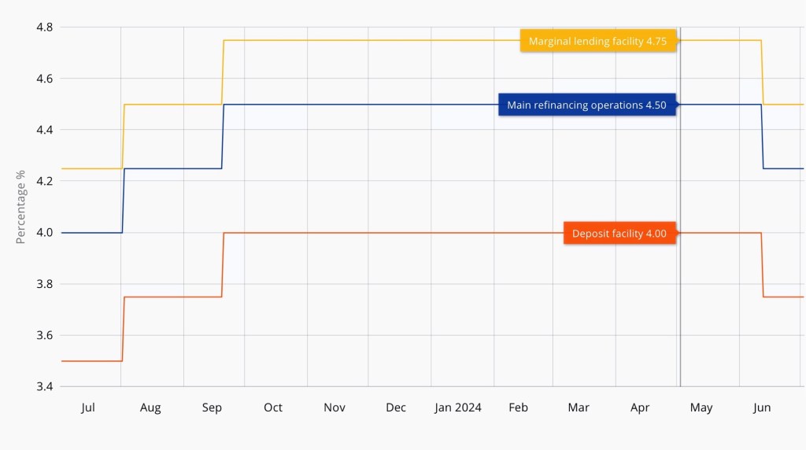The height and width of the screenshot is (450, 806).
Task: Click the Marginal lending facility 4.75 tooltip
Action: pos(598,41)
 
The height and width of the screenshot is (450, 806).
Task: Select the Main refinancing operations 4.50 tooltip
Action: pos(586,105)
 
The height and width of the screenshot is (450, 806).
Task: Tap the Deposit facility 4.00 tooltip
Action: pos(619,234)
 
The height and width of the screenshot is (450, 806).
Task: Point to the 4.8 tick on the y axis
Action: pos(44,28)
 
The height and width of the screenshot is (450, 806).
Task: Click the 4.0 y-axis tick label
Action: pos(44,233)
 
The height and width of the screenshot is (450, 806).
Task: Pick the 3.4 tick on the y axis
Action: pos(44,387)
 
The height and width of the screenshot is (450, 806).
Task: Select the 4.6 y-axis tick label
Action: pos(44,79)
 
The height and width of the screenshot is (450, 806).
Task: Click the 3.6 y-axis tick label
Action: pos(44,336)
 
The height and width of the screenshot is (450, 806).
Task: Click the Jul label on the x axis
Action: pos(88,408)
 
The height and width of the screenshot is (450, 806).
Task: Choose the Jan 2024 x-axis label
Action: pos(458,408)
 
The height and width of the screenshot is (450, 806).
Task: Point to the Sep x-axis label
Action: pos(212,408)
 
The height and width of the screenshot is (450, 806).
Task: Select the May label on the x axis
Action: pos(701,408)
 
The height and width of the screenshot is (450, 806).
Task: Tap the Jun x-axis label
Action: pos(762,408)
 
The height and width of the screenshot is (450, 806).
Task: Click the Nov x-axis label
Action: pos(335,408)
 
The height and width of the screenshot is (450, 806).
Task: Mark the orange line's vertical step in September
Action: pos(223,264)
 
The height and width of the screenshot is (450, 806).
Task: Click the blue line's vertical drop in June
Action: pos(762,136)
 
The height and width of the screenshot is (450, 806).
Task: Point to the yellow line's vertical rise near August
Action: pos(123,136)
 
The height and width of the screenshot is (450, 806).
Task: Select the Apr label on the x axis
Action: pos(640,408)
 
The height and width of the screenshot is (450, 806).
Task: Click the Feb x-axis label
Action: pos(518,408)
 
